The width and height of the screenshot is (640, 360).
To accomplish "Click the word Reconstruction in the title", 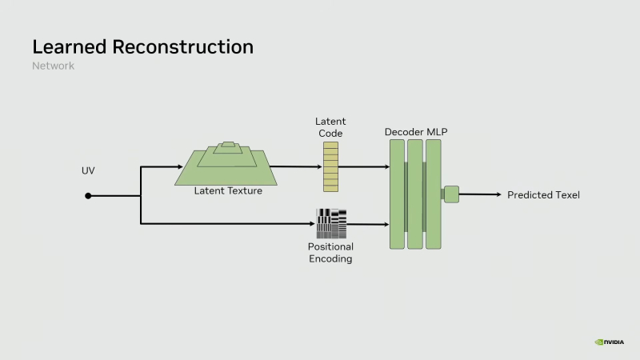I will pos(183,46).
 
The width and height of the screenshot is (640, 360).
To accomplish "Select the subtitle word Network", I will pos(53,66).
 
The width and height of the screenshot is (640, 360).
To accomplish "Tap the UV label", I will pos(88,171).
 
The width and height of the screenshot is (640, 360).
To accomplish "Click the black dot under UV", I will pos(88,195).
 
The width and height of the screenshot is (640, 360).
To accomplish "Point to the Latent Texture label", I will pos(228,190).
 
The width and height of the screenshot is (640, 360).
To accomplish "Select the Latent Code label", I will pos(330,126).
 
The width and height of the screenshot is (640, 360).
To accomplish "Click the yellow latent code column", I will pos(330,167).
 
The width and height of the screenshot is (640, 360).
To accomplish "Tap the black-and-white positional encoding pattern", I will pos(331,223).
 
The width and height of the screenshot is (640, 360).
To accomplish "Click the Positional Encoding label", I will pos(330,253).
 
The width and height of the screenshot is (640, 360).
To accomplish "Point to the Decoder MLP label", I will pos(415,130).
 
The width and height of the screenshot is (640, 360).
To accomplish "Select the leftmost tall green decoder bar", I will pos(397,194).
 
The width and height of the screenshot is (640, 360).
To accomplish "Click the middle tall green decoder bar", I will pos(414,194).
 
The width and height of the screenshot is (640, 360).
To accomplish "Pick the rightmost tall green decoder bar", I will pos(433,194).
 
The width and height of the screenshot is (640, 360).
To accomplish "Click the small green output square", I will pos(451,194).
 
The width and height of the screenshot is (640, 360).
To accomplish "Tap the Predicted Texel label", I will pos(543,195).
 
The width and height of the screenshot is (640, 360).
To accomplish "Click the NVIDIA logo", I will pos(610,342).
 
